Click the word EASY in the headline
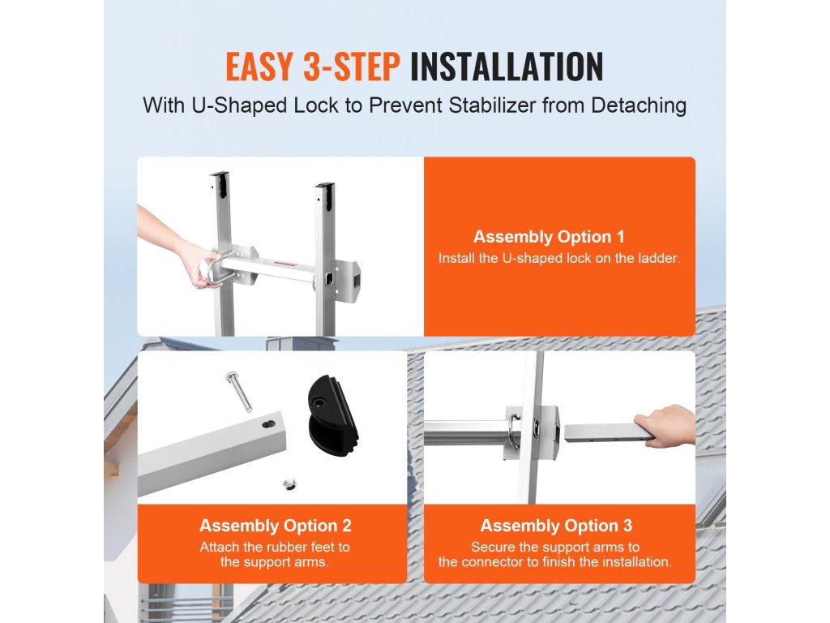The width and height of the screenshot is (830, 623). coord(259,67)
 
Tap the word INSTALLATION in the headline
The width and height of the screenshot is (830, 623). coord(507,67)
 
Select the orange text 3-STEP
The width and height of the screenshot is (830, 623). coord(352,67)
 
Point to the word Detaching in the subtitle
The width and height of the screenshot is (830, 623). coord(639,105)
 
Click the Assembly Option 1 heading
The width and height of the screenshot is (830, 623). coord(549,237)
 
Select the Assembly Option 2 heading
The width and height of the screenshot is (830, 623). coord(276,526)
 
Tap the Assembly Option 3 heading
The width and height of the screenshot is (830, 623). coord(556,526)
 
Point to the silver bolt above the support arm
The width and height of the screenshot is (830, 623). coord(238,391)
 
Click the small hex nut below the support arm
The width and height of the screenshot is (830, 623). coord(289,483)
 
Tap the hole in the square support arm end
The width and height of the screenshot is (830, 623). coord(269,424)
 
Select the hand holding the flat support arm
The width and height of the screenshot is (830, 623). coord(666,424)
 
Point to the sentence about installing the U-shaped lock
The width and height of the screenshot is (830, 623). coord(559,259)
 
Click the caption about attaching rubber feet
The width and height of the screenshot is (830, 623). coord(275,554)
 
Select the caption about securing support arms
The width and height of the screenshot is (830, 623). coord(555,554)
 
